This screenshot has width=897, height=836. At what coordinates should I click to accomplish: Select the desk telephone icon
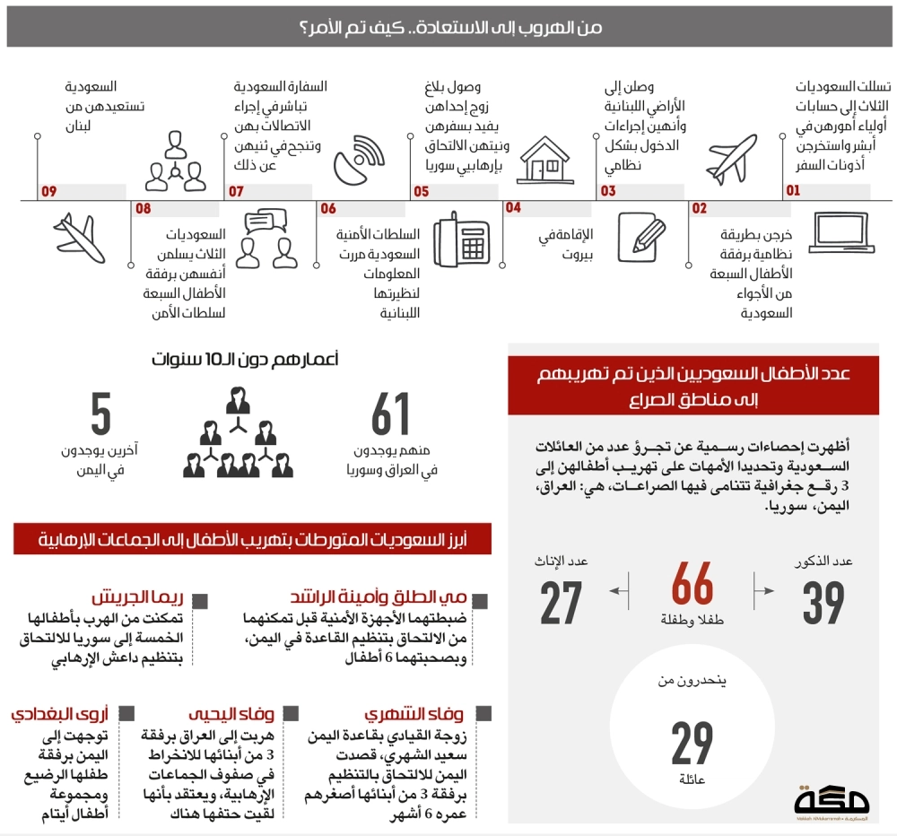[x=461, y=241]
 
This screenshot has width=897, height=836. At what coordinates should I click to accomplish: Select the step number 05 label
[x=421, y=191]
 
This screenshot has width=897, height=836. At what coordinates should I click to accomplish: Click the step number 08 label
[x=144, y=209]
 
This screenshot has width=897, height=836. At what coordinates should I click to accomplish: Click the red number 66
[x=692, y=584]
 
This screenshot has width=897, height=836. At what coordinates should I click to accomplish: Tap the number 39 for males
[x=823, y=602]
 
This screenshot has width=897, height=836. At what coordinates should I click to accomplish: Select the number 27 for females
[x=562, y=602]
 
